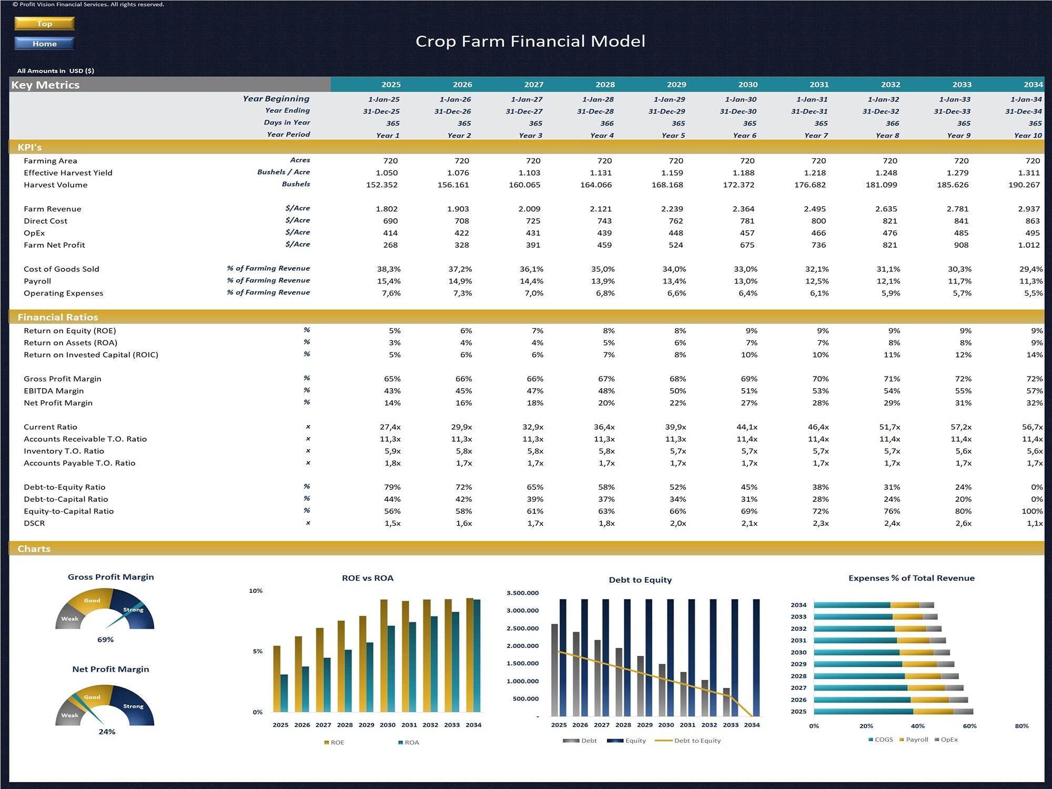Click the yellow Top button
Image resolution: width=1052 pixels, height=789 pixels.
click(x=45, y=24)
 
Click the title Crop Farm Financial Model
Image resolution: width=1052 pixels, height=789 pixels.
click(x=530, y=42)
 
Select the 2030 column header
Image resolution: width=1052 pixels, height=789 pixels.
click(x=747, y=85)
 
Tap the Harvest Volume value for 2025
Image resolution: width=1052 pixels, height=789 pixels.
click(x=382, y=185)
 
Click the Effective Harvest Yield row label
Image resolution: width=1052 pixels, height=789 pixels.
click(x=68, y=173)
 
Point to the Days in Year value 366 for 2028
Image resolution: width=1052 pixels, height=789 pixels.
click(x=606, y=124)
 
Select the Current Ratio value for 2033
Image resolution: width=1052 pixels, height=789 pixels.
click(x=960, y=427)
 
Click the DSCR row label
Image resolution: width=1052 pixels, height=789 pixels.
click(x=34, y=523)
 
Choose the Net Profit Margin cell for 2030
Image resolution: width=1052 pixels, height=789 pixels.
click(x=749, y=403)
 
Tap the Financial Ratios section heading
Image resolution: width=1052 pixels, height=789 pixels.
click(x=58, y=317)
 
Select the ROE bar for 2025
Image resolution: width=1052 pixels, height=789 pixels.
click(x=277, y=679)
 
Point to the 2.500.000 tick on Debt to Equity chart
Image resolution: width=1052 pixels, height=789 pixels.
click(x=522, y=629)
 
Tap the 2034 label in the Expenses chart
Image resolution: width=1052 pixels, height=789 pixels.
click(x=798, y=605)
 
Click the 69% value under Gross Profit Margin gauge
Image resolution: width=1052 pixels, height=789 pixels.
click(x=105, y=640)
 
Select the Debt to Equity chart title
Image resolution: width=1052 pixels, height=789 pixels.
click(x=640, y=580)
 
